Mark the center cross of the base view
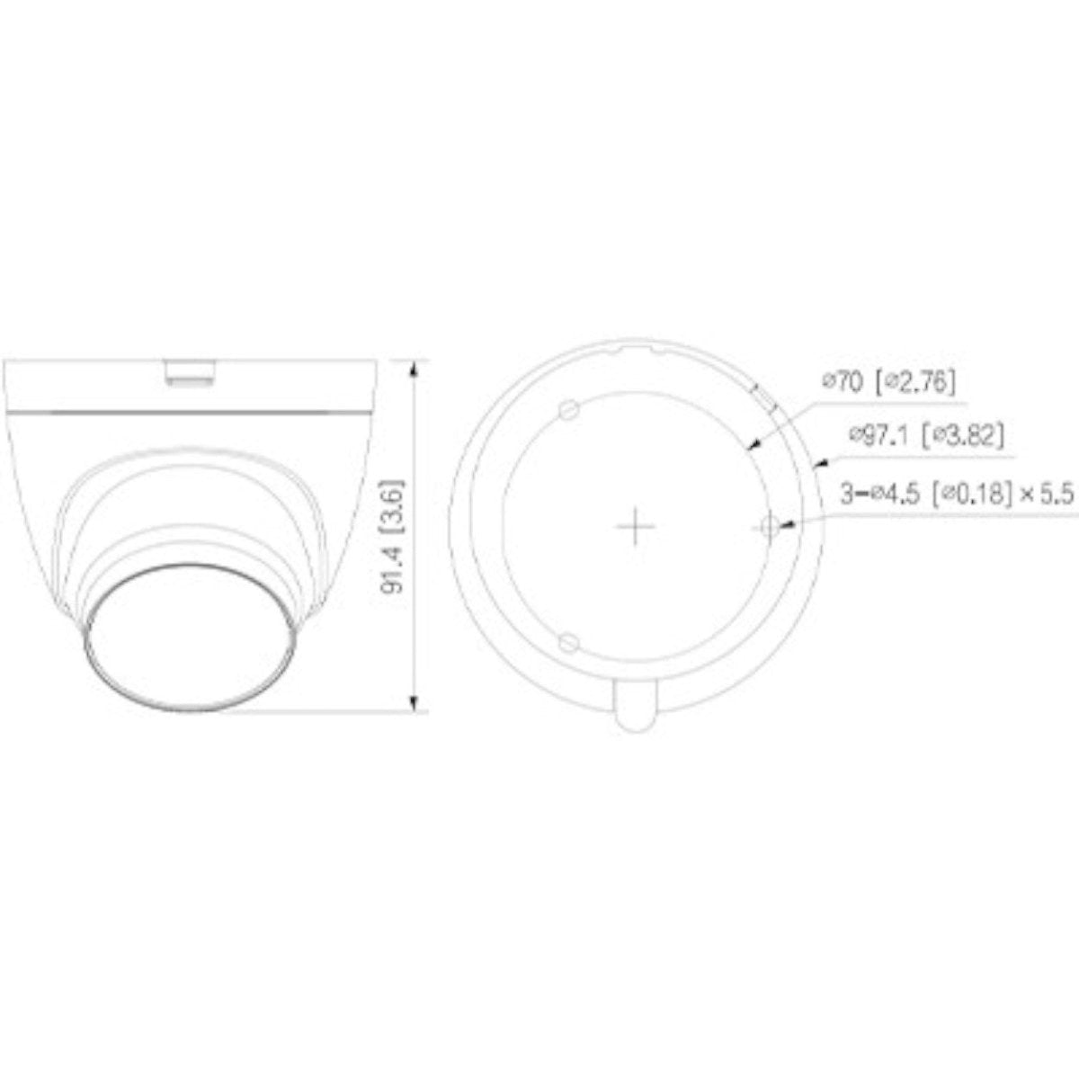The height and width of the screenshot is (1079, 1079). pyautogui.click(x=635, y=526)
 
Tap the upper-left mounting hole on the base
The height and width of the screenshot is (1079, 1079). pyautogui.click(x=566, y=409)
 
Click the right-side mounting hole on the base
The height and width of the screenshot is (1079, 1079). pyautogui.click(x=770, y=526)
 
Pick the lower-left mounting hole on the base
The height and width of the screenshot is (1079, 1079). pyautogui.click(x=566, y=642)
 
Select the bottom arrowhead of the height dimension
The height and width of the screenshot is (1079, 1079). pyautogui.click(x=414, y=704)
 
